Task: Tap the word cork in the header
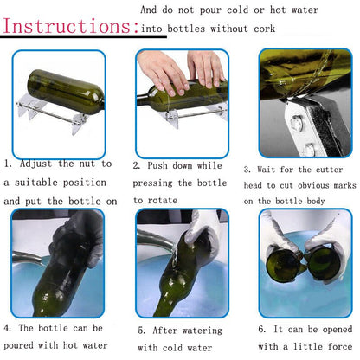(265, 29)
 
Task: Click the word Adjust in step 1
(35, 164)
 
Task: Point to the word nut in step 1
(87, 164)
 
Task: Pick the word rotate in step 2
(163, 200)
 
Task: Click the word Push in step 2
(157, 165)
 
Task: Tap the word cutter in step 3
(329, 170)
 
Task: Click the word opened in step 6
(337, 330)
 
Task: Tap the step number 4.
(8, 328)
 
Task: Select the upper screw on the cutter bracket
(296, 121)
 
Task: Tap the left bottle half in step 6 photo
(283, 265)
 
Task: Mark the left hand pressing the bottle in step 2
(163, 72)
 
